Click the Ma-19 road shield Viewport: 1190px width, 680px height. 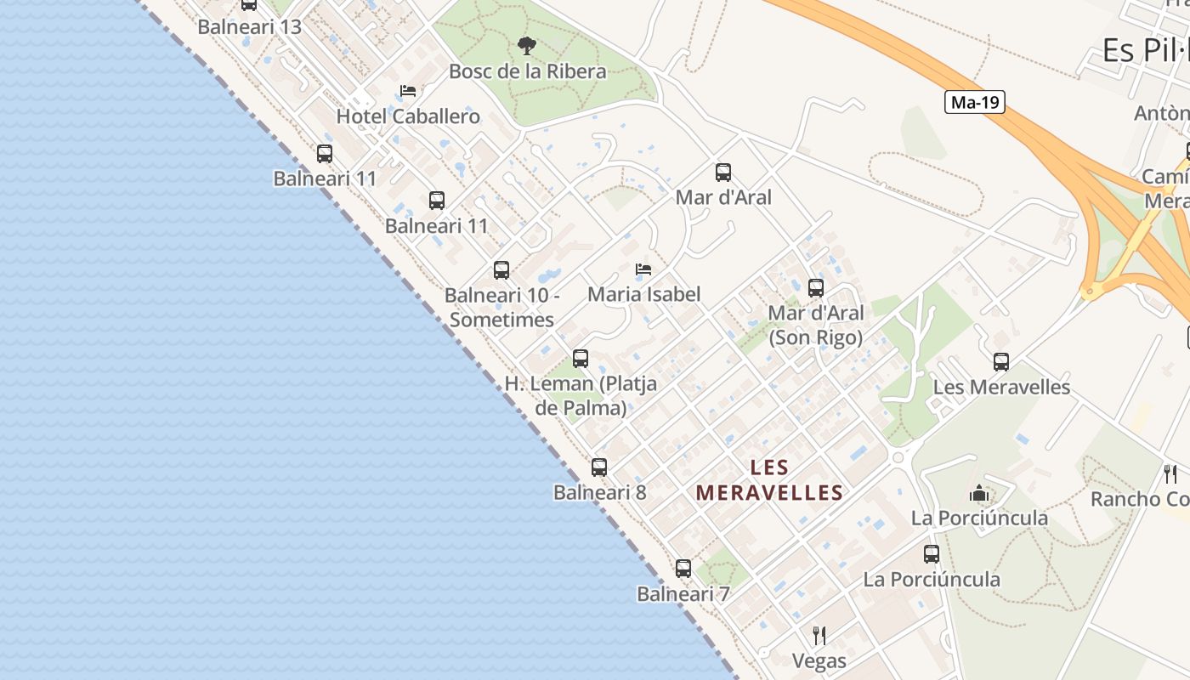click(x=974, y=103)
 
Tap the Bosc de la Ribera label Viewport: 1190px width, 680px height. click(x=527, y=71)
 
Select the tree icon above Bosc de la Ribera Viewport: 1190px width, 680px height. click(x=527, y=46)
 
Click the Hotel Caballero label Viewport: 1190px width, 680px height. click(x=408, y=116)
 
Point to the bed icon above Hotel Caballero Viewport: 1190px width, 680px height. click(x=408, y=91)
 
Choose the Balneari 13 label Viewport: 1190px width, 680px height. click(x=249, y=27)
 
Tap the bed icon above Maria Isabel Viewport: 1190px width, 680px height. click(x=643, y=270)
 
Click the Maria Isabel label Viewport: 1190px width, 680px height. click(x=644, y=295)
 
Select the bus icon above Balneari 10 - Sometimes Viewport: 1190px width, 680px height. click(x=501, y=270)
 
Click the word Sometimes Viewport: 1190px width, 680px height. click(x=501, y=320)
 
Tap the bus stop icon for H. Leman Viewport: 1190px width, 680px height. click(x=581, y=359)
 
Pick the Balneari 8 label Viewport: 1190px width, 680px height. click(x=599, y=493)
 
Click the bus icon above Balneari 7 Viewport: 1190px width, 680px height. click(x=683, y=569)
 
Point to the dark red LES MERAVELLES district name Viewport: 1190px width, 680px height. click(x=769, y=480)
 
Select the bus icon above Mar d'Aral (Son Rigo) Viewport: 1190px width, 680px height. click(x=816, y=288)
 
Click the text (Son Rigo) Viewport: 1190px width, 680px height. click(x=816, y=337)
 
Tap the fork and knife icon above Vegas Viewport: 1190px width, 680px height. click(x=819, y=635)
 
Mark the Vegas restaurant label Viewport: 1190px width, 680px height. click(x=819, y=660)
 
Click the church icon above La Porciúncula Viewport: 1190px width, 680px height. click(x=979, y=493)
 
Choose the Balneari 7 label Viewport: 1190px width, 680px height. click(x=683, y=594)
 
